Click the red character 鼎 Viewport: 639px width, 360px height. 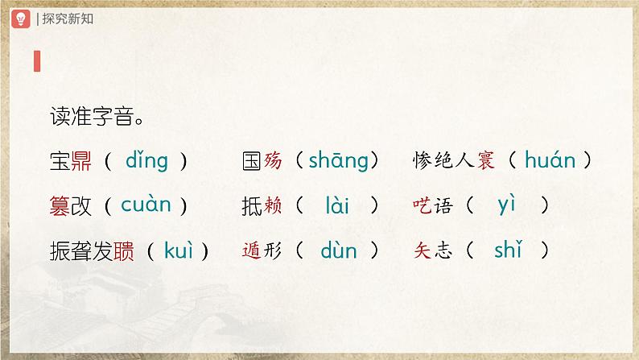pos(81,162)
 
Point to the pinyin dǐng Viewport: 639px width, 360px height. pos(146,161)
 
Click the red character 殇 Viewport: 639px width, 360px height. pos(272,162)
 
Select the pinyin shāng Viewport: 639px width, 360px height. pos(336,161)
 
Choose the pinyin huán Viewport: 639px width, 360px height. pos(550,161)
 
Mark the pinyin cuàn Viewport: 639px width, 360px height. pos(146,205)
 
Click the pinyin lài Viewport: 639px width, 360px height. pos(337,206)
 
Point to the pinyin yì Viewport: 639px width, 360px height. pos(506,206)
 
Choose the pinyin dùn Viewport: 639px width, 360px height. pos(338,250)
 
